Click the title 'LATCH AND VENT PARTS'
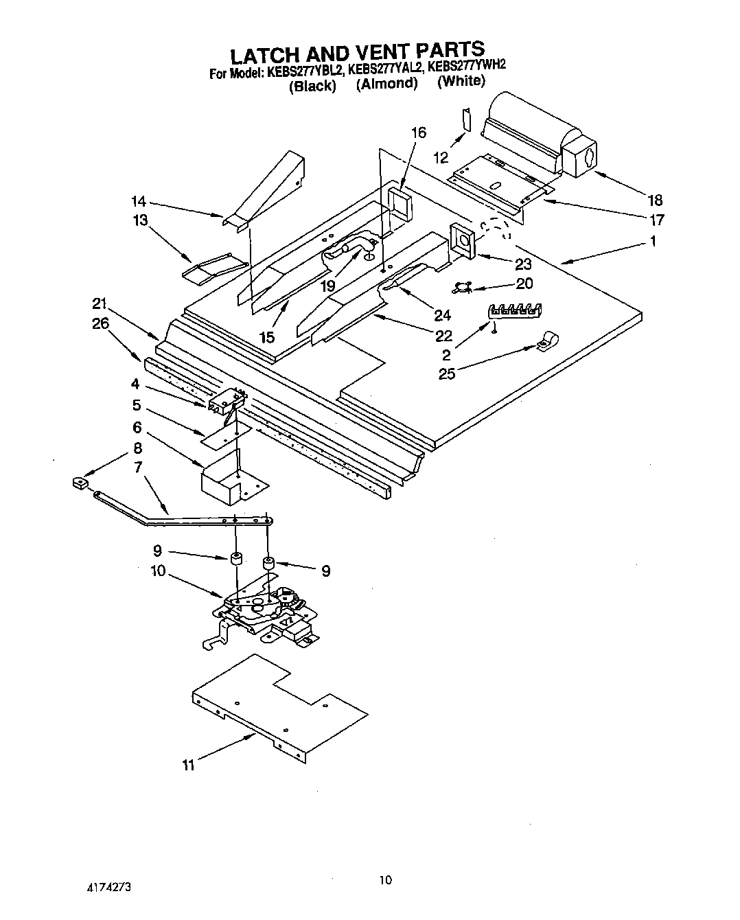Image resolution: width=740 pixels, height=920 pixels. click(356, 52)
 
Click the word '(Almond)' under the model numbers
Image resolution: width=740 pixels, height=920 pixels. click(386, 84)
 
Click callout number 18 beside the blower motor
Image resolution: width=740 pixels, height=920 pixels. click(655, 200)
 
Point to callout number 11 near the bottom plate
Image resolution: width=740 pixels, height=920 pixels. click(188, 765)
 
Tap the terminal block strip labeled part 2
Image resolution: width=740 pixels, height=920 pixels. click(514, 311)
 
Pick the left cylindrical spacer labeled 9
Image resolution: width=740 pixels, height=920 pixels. click(236, 558)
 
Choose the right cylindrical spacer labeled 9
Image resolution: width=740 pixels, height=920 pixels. click(268, 565)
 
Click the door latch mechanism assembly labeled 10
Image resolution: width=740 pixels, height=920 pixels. click(264, 608)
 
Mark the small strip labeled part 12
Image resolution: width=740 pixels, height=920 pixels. click(467, 119)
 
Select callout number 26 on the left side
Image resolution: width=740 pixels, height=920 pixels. click(100, 323)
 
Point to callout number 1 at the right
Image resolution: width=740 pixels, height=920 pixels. click(653, 241)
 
